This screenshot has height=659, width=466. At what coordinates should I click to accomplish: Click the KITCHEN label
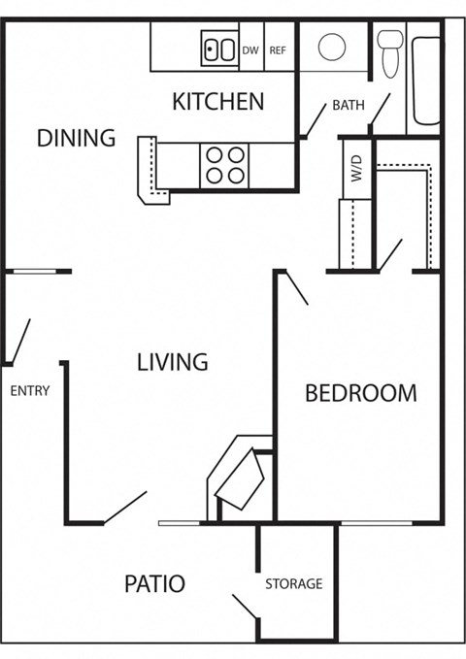(x=217, y=101)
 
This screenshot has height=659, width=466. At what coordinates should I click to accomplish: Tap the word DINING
(x=76, y=138)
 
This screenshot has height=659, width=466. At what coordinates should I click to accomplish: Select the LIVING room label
(x=172, y=362)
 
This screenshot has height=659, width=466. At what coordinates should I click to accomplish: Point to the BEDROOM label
(x=360, y=393)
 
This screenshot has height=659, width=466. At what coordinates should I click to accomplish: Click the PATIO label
(x=154, y=584)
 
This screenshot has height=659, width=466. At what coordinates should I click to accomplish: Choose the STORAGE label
(x=293, y=584)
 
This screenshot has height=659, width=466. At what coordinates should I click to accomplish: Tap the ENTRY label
(x=29, y=391)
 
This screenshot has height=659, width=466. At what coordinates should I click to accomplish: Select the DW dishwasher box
(x=250, y=50)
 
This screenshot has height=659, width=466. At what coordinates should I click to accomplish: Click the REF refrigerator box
(x=278, y=50)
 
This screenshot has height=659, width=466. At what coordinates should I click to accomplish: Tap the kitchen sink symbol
(x=219, y=49)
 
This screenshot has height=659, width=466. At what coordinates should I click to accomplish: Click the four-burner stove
(x=224, y=165)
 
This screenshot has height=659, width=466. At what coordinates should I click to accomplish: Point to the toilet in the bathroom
(x=390, y=52)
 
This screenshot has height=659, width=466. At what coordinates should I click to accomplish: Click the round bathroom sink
(x=332, y=47)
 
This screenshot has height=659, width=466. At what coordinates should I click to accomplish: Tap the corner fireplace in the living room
(x=239, y=478)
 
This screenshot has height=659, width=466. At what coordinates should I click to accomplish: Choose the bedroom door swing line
(x=294, y=288)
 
